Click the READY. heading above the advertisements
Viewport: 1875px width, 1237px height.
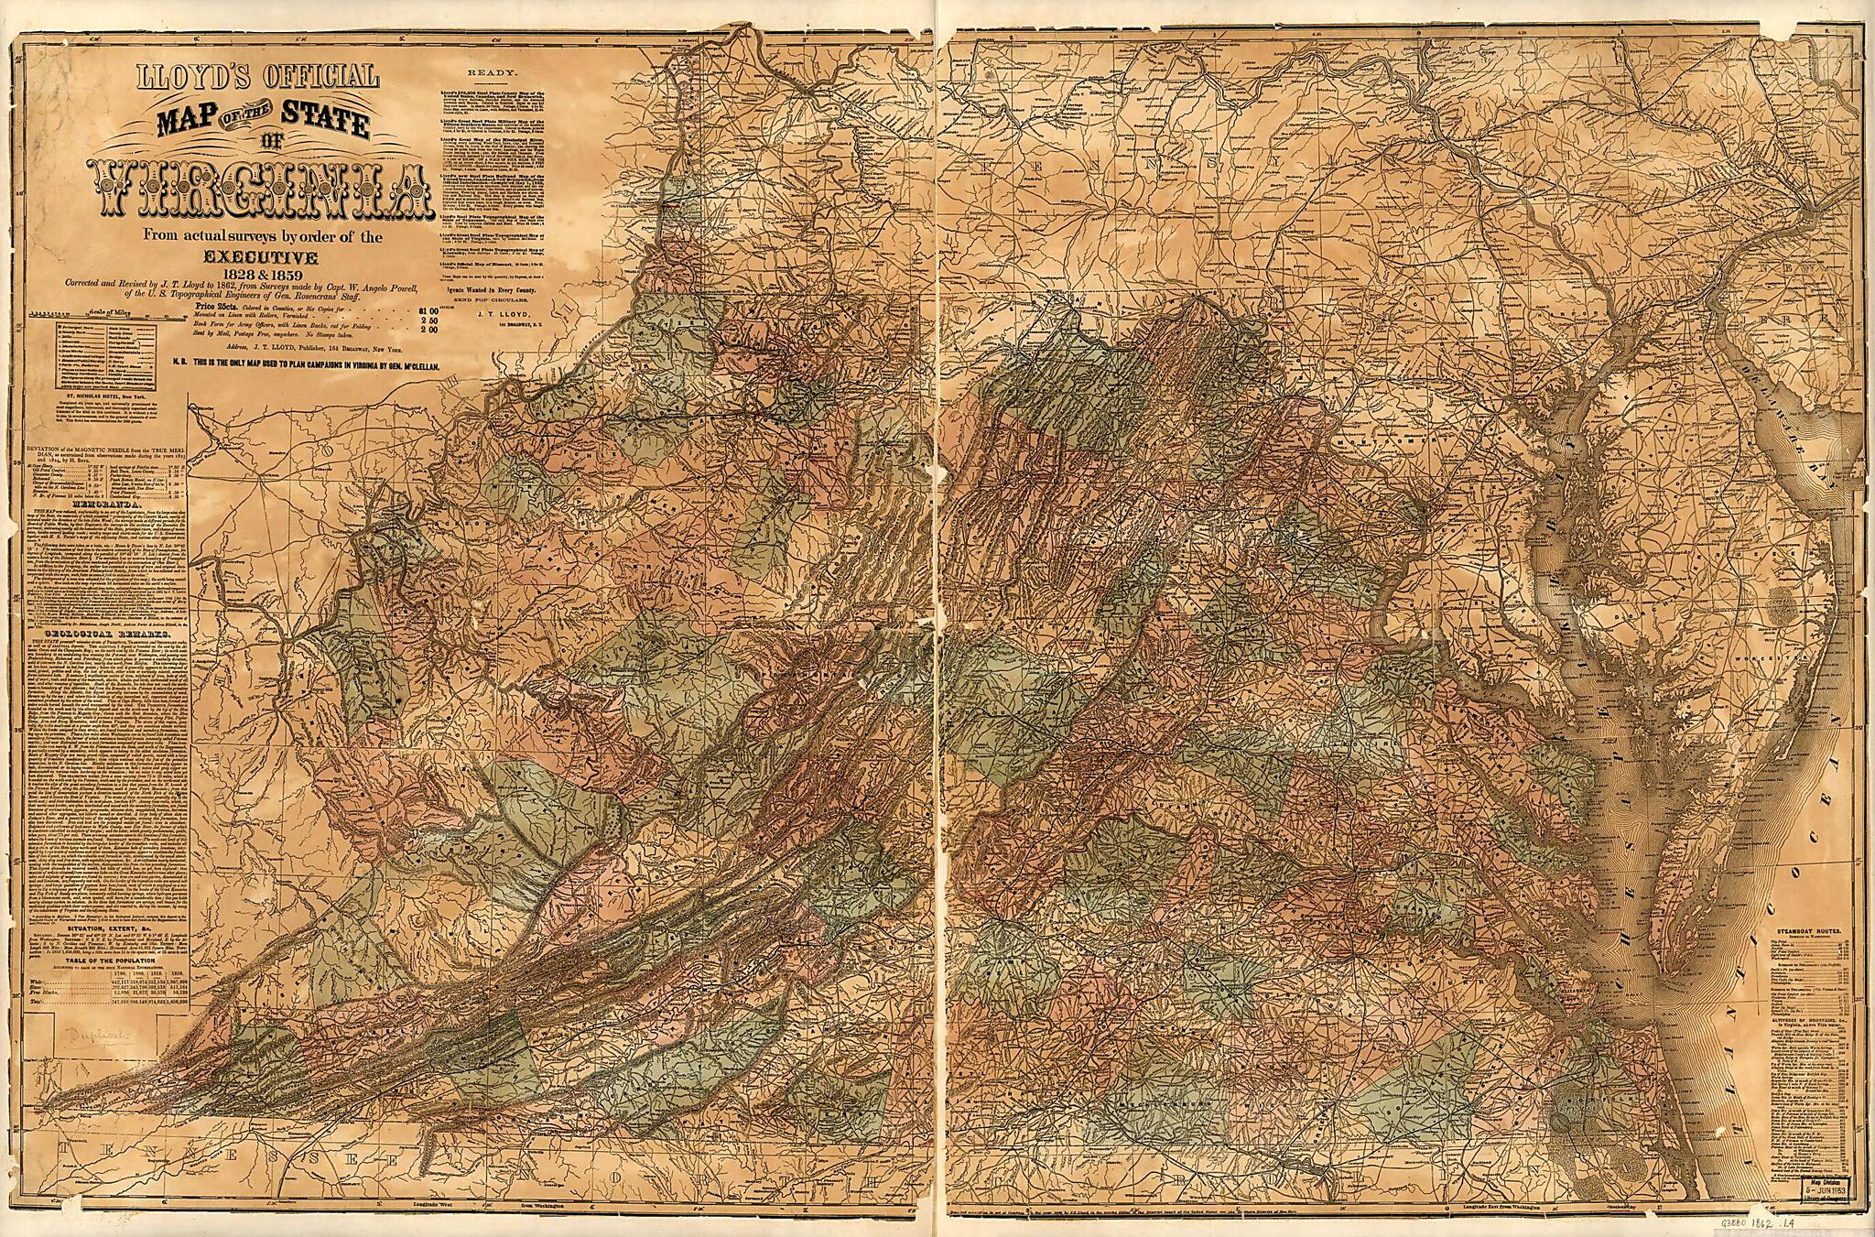coord(493,71)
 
